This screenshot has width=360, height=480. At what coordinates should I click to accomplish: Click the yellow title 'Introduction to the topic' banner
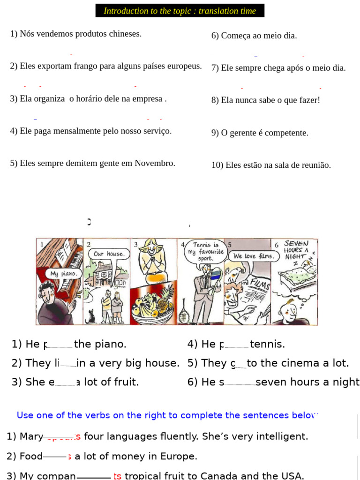pyautogui.click(x=180, y=11)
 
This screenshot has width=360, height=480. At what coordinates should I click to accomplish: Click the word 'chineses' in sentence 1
pyautogui.click(x=126, y=34)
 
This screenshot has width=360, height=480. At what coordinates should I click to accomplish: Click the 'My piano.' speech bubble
pyautogui.click(x=63, y=273)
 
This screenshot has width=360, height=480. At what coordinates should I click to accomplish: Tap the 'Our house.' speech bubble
pyautogui.click(x=109, y=254)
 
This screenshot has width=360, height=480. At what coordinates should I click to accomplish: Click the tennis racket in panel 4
pyautogui.click(x=185, y=310)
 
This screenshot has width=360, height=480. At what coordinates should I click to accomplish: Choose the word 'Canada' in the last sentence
pyautogui.click(x=219, y=476)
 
